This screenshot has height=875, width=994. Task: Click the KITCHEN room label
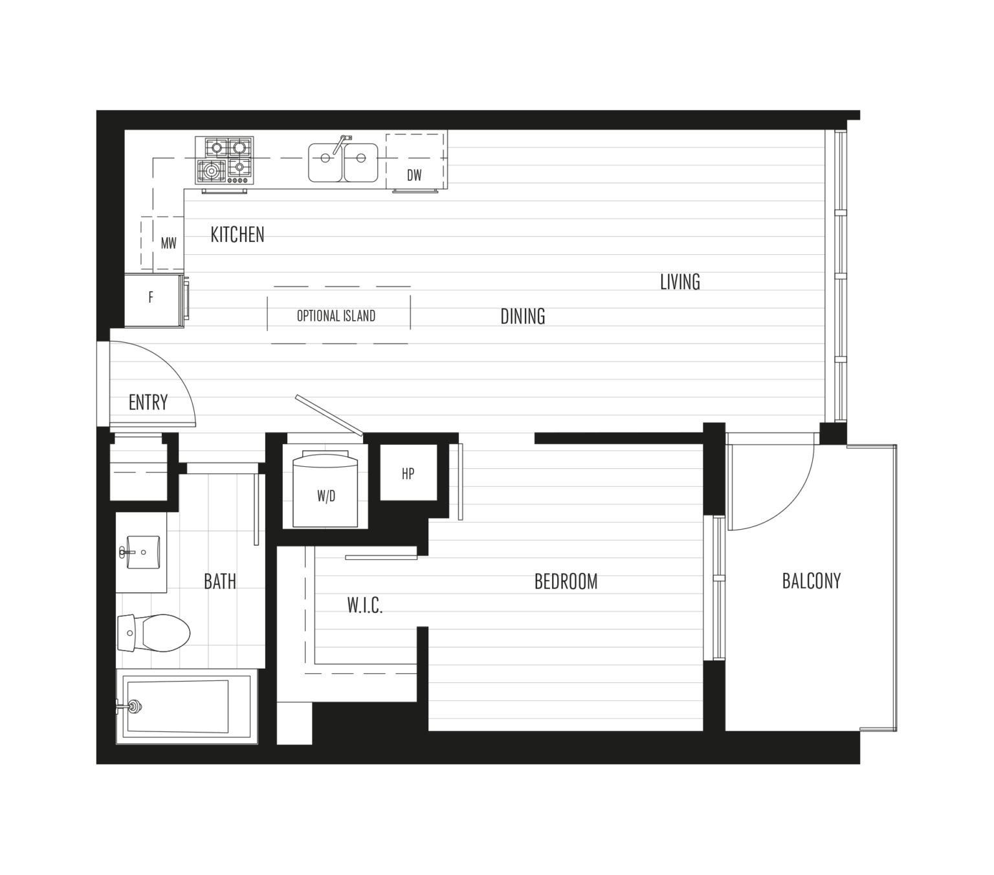pos(237,234)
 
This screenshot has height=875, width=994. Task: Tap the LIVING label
pos(679,282)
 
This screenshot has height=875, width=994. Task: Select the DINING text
pos(523,316)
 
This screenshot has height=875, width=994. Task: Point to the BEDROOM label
pos(566,582)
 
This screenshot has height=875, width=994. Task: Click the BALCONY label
pos(811,581)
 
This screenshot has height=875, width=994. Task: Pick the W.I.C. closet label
pos(364,605)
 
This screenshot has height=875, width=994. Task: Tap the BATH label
pos(220,581)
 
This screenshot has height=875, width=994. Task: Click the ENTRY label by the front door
pos(148,404)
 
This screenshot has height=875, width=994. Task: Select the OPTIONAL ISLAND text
pos(336,316)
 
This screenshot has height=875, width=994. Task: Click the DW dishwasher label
pos(415,175)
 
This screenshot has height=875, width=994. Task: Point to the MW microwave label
pos(168,244)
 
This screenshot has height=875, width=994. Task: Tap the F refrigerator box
pos(151,299)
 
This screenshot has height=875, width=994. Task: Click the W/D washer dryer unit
pos(326,494)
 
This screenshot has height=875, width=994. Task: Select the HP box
pos(408,473)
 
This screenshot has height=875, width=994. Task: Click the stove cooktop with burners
pos(225,160)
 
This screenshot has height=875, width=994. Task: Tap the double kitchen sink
pos(343,162)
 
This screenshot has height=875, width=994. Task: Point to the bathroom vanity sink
pos(142,552)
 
